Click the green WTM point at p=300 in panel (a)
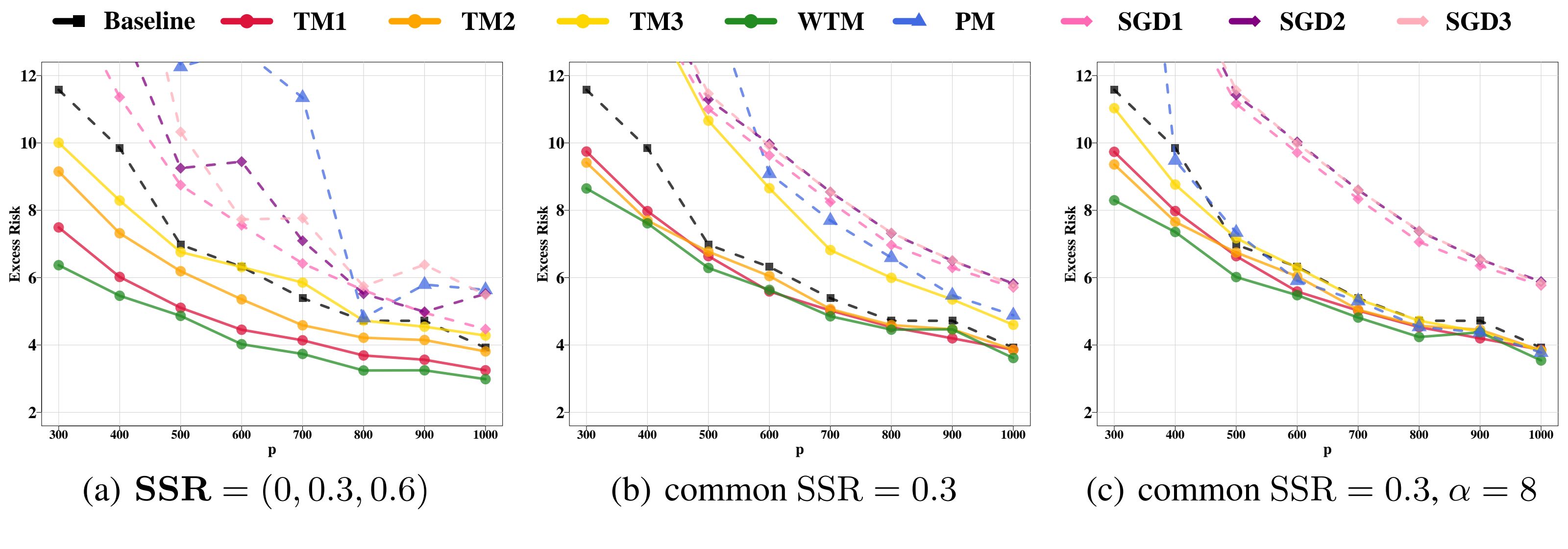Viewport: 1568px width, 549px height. pos(58,265)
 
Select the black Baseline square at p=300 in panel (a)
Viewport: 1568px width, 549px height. pos(58,90)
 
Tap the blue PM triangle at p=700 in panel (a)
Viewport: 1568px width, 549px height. pos(302,96)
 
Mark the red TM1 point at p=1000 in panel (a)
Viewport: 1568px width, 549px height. pos(485,370)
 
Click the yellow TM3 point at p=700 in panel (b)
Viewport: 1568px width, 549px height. pos(830,250)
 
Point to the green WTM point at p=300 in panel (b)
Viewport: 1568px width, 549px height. pos(586,189)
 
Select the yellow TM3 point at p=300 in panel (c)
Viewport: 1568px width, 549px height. pos(1114,108)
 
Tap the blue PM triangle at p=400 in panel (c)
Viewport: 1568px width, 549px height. pos(1175,159)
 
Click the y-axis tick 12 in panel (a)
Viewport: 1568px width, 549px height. pos(28,76)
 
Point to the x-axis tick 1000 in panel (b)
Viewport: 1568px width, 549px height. pos(1013,435)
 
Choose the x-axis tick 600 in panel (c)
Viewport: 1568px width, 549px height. pos(1297,435)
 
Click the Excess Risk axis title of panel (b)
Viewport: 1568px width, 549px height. pos(542,244)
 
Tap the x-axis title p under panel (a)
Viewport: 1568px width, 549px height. pos(271,450)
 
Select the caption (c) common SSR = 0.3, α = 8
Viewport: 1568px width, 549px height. pos(1311,490)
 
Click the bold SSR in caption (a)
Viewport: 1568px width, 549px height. pos(173,490)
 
